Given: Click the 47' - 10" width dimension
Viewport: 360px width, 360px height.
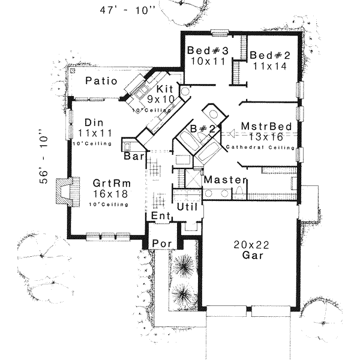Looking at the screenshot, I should coord(124,10).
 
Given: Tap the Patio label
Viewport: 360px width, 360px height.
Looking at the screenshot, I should coord(100,81).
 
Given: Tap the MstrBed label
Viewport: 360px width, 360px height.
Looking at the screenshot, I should coord(266,127).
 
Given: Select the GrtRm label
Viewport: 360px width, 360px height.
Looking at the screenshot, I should coord(109,183).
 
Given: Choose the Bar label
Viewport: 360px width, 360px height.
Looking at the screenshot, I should coord(132,156).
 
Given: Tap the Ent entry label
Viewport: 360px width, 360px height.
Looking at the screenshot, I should coord(158,215).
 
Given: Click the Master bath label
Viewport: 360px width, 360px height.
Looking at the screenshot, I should coord(225,180).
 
